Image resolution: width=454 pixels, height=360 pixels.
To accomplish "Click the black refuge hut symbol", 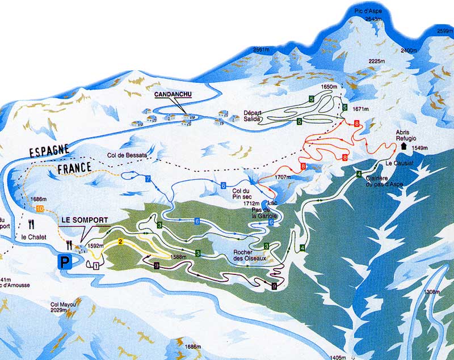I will [403, 146].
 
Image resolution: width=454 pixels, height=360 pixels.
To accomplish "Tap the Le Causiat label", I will [398, 163].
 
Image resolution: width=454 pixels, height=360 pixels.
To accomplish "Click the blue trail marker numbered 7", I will [148, 179].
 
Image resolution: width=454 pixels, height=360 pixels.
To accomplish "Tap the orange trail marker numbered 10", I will [39, 209].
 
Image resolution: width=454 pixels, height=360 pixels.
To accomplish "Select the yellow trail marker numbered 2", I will [121, 243].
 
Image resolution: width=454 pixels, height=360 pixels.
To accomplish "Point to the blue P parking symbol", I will [63, 262].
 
